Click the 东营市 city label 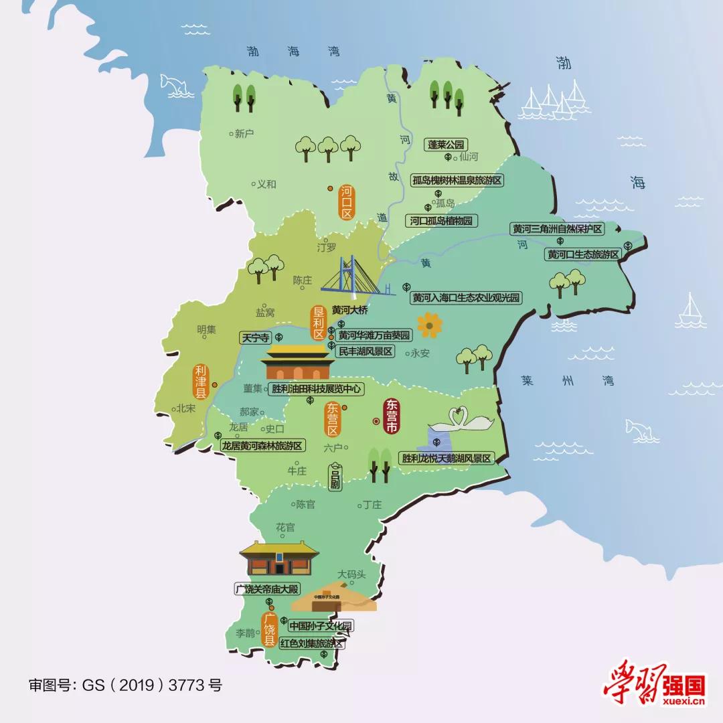pyautogui.click(x=390, y=416)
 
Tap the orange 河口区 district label pyautogui.click(x=346, y=202)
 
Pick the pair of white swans pyautogui.click(x=462, y=420)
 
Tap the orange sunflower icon pyautogui.click(x=428, y=325)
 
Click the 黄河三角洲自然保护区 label pyautogui.click(x=557, y=229)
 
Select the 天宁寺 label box pyautogui.click(x=254, y=338)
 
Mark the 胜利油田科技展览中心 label pyautogui.click(x=316, y=389)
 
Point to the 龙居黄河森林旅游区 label pyautogui.click(x=262, y=445)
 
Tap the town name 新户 pyautogui.click(x=244, y=134)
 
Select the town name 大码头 pyautogui.click(x=351, y=574)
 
